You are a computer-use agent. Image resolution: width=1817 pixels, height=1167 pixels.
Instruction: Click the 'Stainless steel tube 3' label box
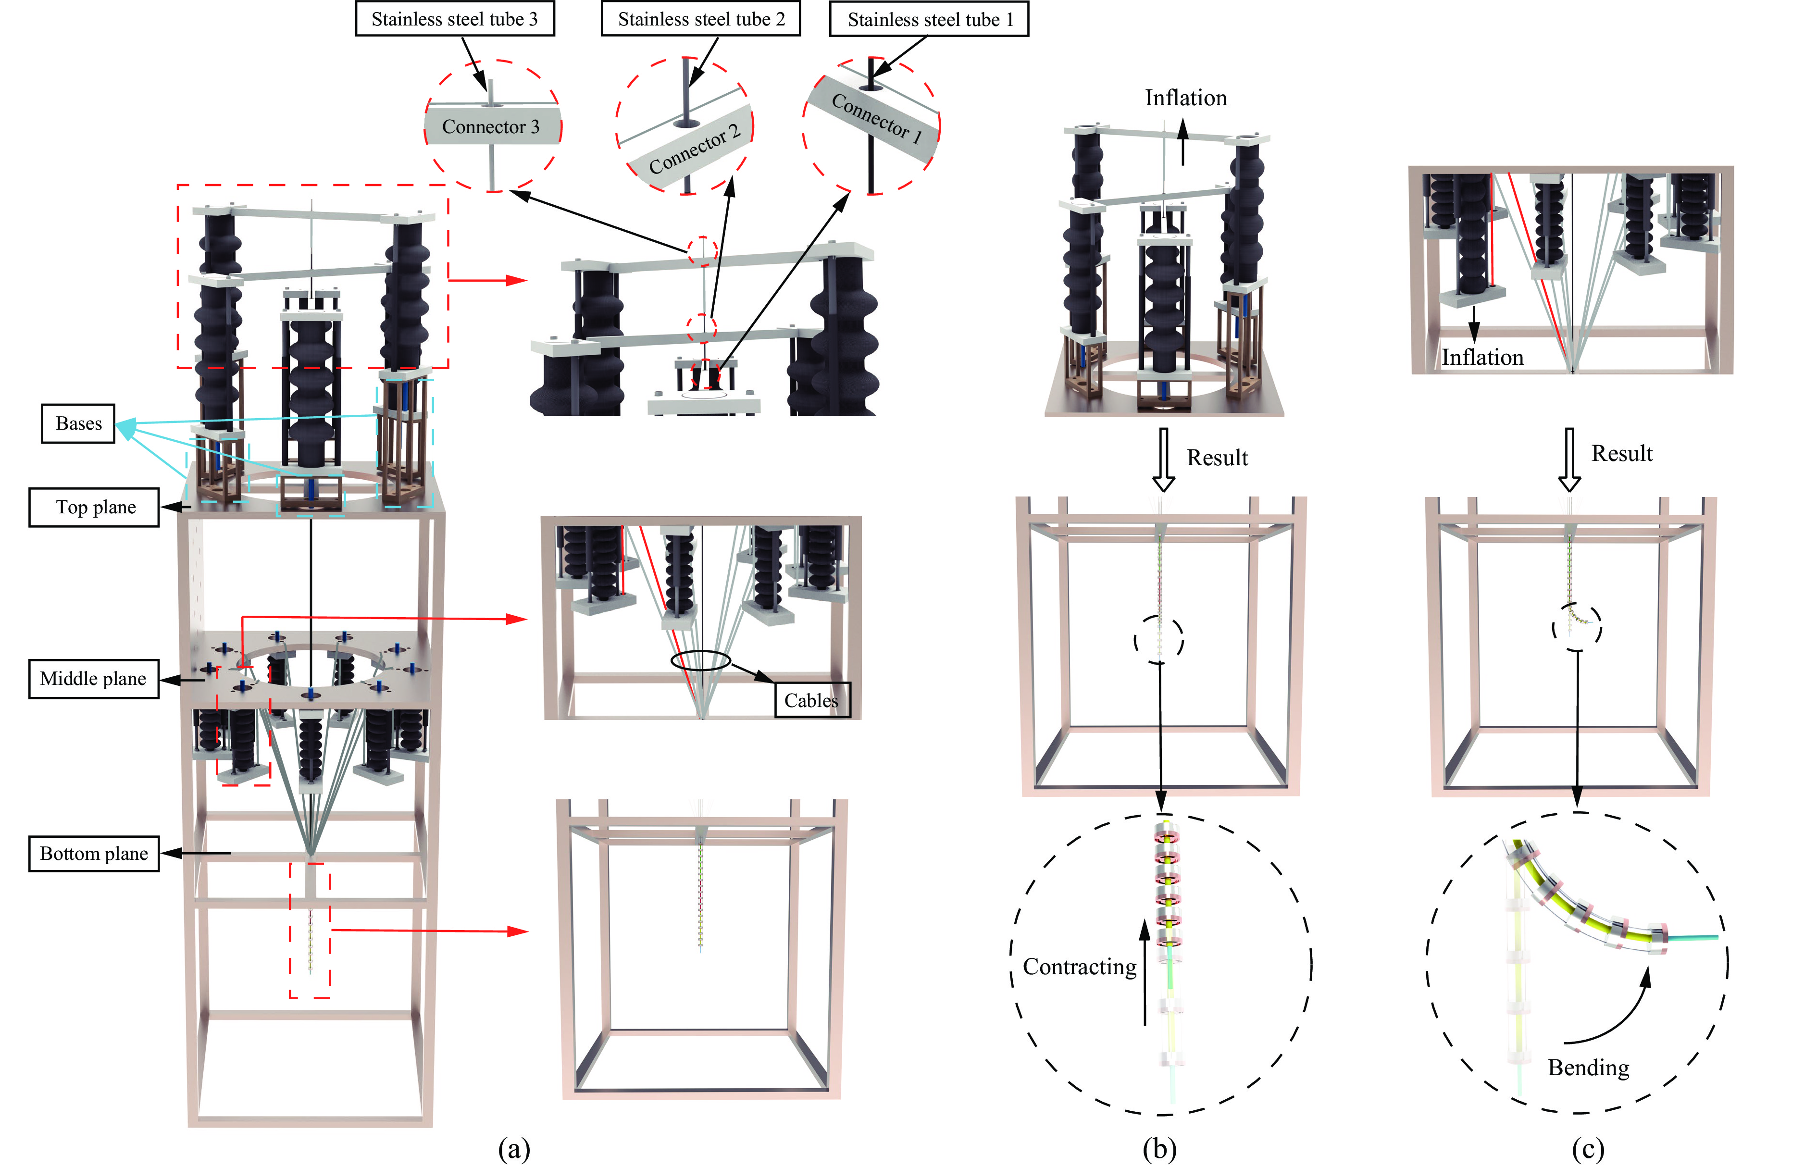[455, 19]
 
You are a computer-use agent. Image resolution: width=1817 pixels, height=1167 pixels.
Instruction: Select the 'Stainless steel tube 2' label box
[700, 19]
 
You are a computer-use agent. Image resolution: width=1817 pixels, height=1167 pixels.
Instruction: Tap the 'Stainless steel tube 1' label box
[929, 20]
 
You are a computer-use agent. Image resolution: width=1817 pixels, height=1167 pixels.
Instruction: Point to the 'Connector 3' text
[490, 126]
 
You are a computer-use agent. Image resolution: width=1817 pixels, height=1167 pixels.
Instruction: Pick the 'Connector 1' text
[877, 117]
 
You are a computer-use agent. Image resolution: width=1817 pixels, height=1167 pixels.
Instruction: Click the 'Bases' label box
[78, 423]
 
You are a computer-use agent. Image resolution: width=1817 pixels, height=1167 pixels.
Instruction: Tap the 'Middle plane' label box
[93, 678]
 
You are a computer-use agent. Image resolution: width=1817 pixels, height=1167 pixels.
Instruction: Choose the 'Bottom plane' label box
[94, 853]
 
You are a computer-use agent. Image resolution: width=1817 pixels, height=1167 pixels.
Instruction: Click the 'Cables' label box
[811, 700]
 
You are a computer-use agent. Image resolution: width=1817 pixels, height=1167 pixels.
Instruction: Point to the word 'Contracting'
[1079, 967]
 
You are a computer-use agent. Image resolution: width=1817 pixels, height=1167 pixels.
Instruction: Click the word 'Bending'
[1588, 1068]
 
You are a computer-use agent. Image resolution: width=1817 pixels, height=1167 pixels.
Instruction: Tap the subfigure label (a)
[514, 1149]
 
